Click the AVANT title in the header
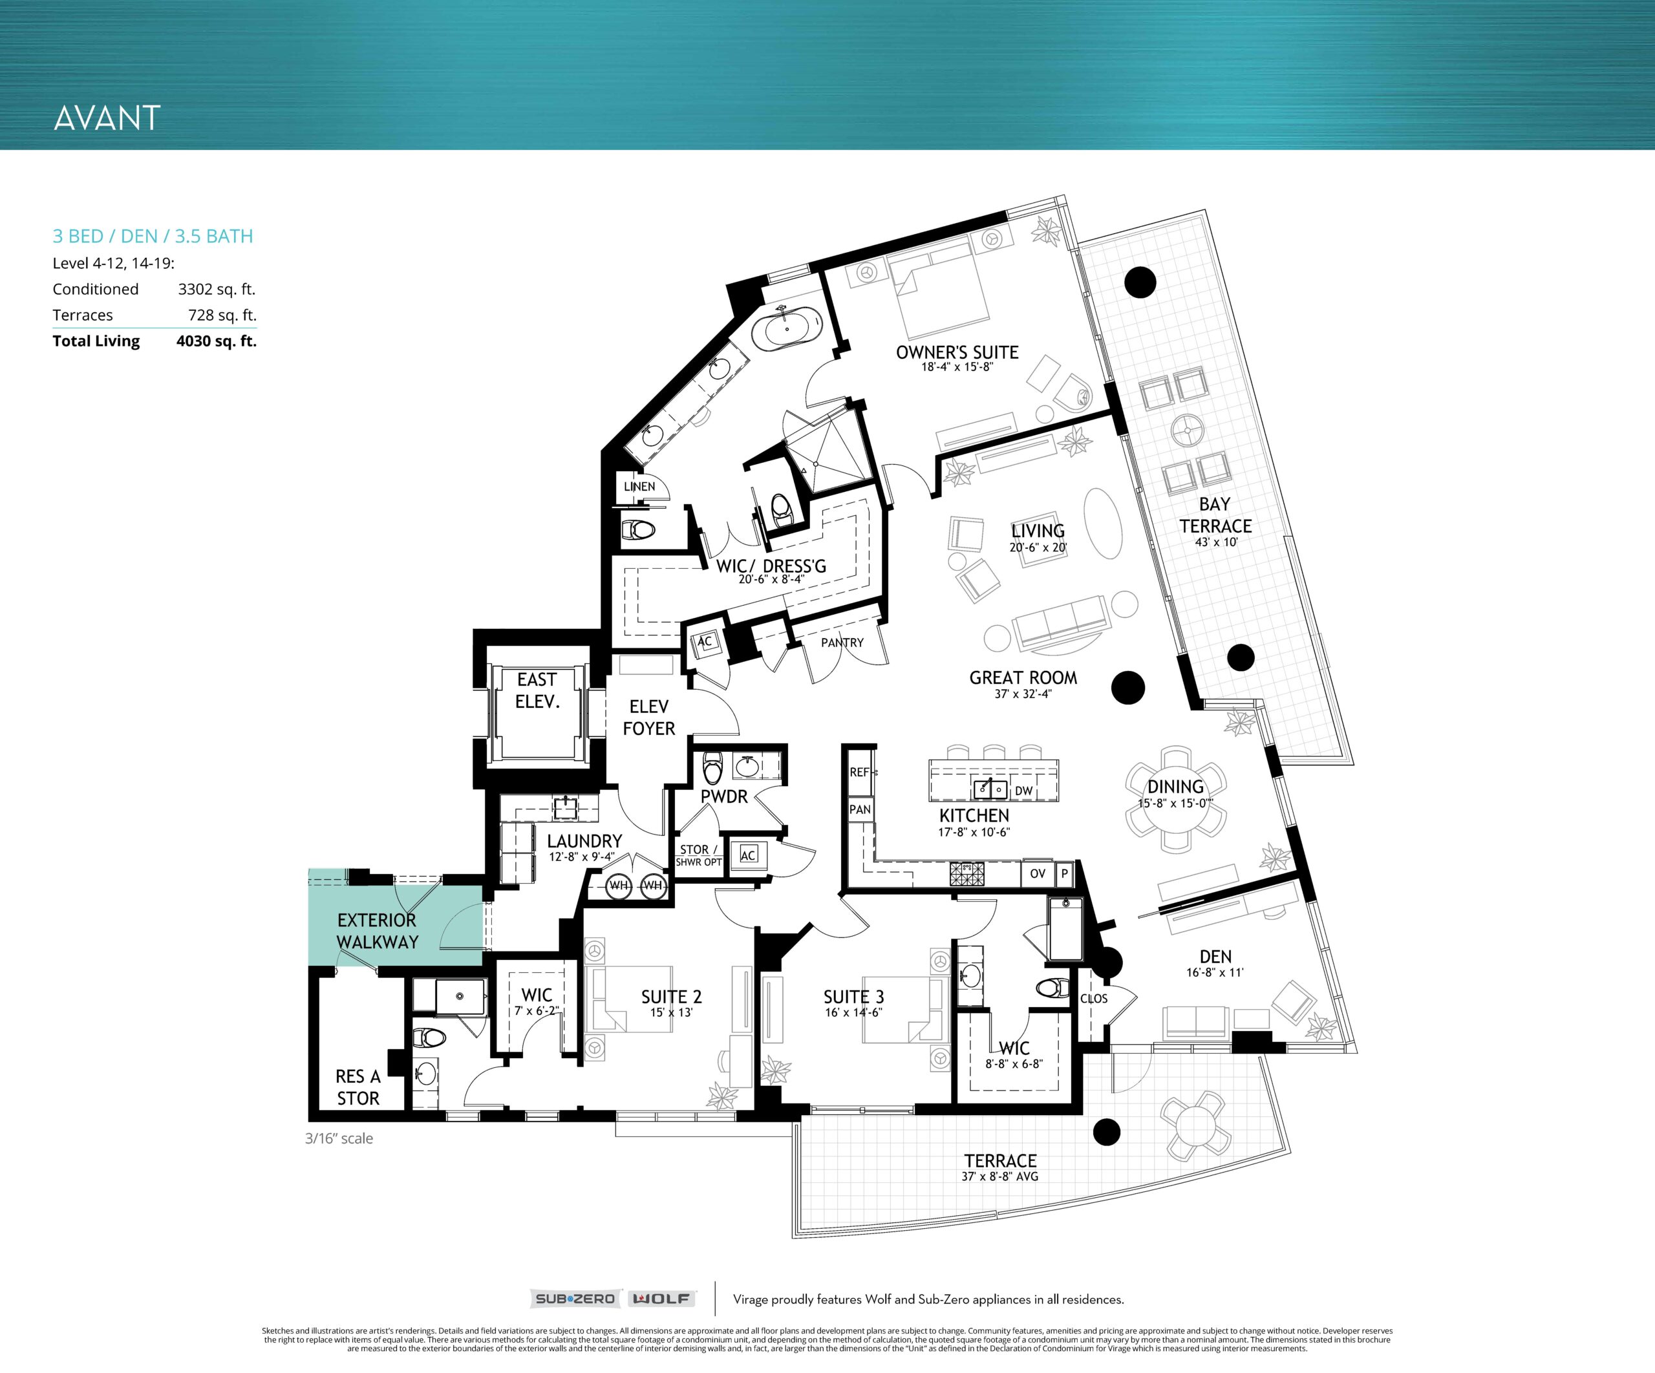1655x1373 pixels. pyautogui.click(x=107, y=118)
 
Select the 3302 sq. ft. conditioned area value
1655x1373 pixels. pyautogui.click(x=217, y=289)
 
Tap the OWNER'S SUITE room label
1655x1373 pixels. pyautogui.click(x=957, y=352)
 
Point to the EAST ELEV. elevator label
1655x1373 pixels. pyautogui.click(x=537, y=690)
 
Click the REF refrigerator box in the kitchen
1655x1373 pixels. pyautogui.click(x=860, y=772)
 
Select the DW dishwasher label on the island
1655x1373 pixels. pyautogui.click(x=1023, y=791)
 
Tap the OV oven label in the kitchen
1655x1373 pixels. pyautogui.click(x=1037, y=873)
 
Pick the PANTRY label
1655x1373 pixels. pyautogui.click(x=842, y=643)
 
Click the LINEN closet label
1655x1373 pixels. pyautogui.click(x=639, y=486)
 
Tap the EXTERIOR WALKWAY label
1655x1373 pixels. pyautogui.click(x=377, y=931)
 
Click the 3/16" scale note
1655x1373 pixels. pyautogui.click(x=339, y=1138)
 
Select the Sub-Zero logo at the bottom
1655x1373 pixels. pyautogui.click(x=575, y=1299)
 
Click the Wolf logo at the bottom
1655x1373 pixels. pyautogui.click(x=662, y=1299)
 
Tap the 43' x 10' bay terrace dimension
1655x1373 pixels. pyautogui.click(x=1216, y=542)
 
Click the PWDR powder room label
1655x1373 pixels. pyautogui.click(x=723, y=797)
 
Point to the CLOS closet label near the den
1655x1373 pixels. pyautogui.click(x=1094, y=999)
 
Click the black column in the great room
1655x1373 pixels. pyautogui.click(x=1127, y=687)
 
